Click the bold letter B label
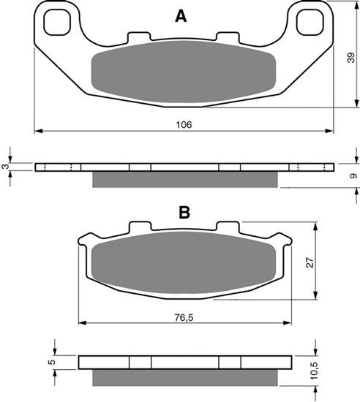tap(184, 213)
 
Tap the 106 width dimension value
tap(184, 125)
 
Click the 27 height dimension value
tap(310, 262)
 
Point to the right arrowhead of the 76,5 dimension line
tap(288, 322)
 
